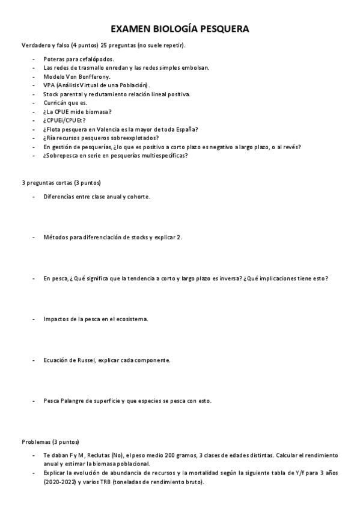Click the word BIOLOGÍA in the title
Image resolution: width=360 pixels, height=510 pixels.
(171, 29)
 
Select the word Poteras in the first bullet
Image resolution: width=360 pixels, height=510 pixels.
(55, 59)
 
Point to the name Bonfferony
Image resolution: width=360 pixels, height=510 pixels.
(94, 76)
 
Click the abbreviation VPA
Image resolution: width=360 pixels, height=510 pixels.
(49, 85)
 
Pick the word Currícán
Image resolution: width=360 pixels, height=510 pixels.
(56, 103)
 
